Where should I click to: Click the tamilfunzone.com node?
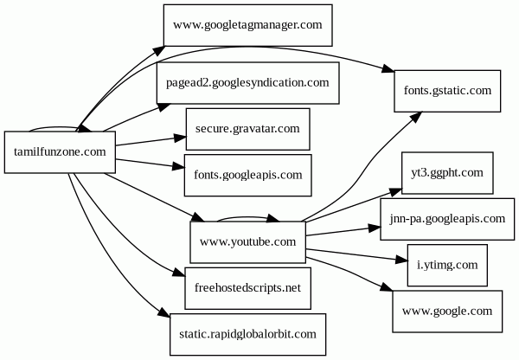(x=61, y=152)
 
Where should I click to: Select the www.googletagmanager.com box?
(x=247, y=26)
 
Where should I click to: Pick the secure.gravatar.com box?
(x=247, y=129)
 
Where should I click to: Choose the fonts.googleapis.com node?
(x=247, y=175)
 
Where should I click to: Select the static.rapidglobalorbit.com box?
(x=247, y=333)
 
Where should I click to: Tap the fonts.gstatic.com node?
(x=447, y=90)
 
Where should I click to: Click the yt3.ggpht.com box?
(x=447, y=173)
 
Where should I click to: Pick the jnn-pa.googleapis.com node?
(x=447, y=219)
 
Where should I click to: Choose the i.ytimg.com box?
(x=447, y=265)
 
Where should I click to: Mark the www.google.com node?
(x=447, y=311)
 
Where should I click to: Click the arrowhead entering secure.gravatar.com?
(x=179, y=136)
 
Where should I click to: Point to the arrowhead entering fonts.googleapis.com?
(x=179, y=169)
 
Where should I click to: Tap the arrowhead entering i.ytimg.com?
(x=400, y=259)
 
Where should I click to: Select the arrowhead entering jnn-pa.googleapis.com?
(x=375, y=228)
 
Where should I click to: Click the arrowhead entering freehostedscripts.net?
(x=179, y=274)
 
